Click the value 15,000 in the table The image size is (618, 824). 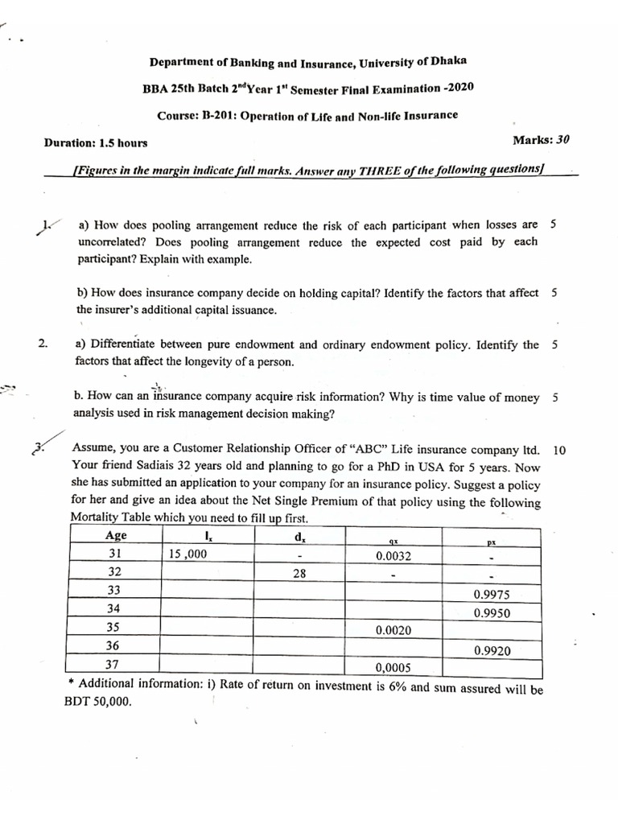[x=187, y=554]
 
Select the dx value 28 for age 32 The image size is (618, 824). [x=299, y=572]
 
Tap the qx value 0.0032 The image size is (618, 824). [x=394, y=555]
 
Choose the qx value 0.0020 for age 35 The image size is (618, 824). [x=394, y=630]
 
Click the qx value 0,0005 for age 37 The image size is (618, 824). [x=394, y=667]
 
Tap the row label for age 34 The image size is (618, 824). [x=113, y=610]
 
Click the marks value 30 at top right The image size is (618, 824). [x=562, y=139]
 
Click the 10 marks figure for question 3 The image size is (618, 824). [x=559, y=451]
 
